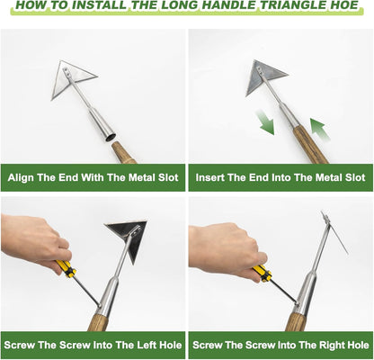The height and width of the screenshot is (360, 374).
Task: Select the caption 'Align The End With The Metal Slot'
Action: pos(93,177)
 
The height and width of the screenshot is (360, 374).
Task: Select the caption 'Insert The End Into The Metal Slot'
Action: pos(280,177)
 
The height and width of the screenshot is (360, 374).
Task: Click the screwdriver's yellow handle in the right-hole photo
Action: pos(261,272)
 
